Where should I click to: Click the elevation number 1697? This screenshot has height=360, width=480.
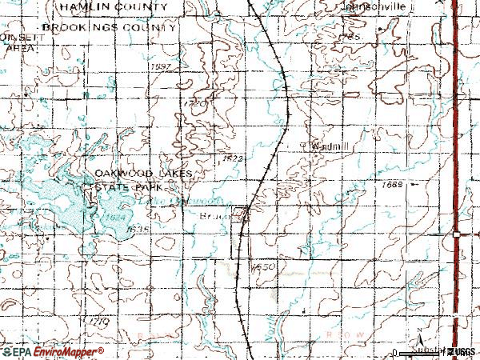pyautogui.click(x=161, y=66)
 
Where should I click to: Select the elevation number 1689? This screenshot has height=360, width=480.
pyautogui.click(x=394, y=185)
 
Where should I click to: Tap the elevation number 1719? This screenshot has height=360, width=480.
pyautogui.click(x=100, y=321)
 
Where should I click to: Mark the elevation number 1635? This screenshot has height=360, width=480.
pyautogui.click(x=138, y=230)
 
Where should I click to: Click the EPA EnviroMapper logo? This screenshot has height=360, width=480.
pyautogui.click(x=52, y=351)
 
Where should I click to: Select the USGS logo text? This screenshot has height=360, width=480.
pyautogui.click(x=462, y=352)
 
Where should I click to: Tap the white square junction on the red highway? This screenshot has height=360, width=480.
pyautogui.click(x=455, y=234)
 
